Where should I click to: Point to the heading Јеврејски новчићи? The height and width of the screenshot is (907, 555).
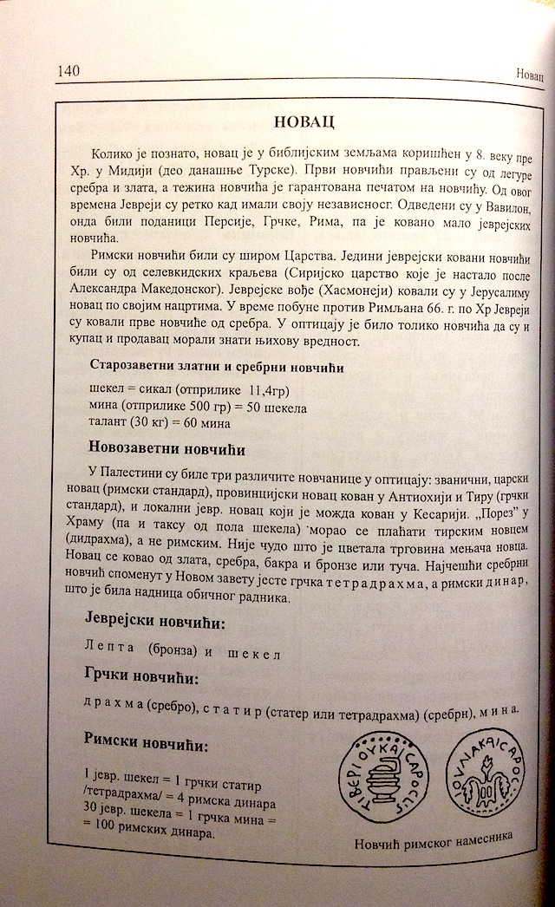(x=157, y=622)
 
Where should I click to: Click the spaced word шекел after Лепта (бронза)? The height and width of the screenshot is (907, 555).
(x=254, y=652)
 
